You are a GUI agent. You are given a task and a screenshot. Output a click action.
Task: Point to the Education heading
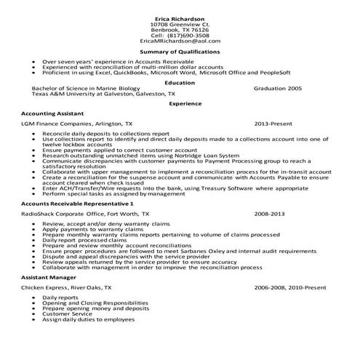tap(180, 82)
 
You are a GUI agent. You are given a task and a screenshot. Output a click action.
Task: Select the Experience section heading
tap(180, 103)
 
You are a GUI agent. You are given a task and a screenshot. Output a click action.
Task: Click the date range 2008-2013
tap(269, 215)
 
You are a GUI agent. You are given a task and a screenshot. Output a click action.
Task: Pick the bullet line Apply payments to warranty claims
tap(91, 231)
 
